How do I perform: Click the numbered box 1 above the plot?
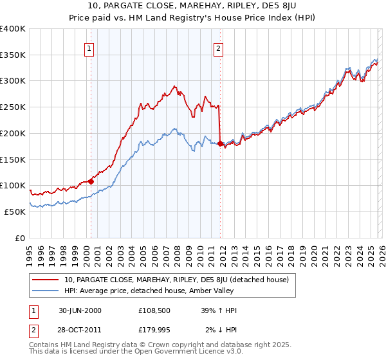coord(89,47)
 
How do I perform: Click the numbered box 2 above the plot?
coord(219,47)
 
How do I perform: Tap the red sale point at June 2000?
coord(91,181)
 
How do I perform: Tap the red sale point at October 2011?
coord(220,144)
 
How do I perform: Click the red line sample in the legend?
coord(46,280)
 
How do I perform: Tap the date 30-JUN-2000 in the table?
coord(80,310)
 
